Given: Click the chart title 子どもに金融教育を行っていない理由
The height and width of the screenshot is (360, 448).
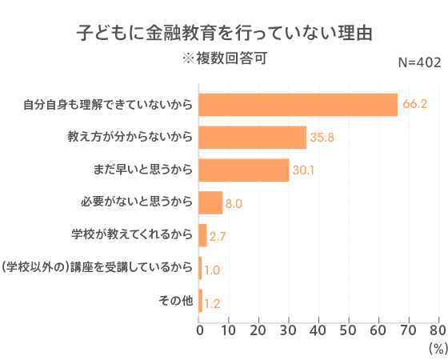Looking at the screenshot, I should point(224,34).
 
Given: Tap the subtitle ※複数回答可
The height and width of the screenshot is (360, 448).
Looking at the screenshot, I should point(224,58).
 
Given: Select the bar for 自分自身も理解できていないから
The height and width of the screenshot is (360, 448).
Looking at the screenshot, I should point(298,105).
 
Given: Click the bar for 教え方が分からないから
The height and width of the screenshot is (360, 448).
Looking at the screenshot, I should point(252,138).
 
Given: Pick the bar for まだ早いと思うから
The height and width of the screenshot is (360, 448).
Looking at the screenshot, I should point(243,170).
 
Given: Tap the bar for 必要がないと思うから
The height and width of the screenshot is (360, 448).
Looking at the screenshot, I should point(210,203).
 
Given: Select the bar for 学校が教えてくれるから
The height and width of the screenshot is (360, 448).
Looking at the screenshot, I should point(202,235).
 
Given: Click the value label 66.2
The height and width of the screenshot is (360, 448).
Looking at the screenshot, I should point(415,105).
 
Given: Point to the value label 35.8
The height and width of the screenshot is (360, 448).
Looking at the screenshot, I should point(322,138).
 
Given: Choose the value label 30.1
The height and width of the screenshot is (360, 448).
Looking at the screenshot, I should point(304,170).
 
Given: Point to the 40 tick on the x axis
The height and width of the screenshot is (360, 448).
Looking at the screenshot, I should point(318,329).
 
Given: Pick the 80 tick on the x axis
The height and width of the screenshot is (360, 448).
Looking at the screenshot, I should point(438,329).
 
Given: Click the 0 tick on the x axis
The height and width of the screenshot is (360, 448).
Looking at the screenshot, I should point(199,329).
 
